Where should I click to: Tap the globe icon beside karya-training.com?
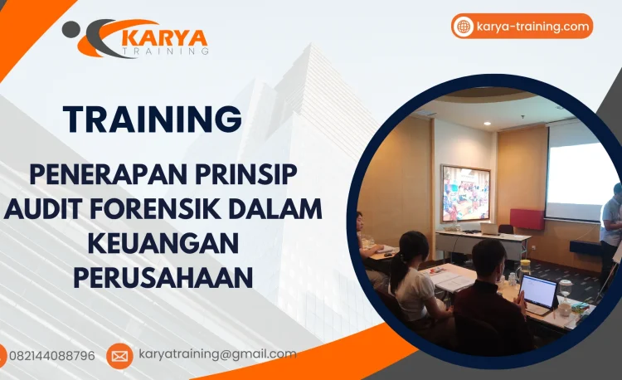(464, 27)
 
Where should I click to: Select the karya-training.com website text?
(533, 27)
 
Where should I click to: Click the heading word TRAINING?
(153, 119)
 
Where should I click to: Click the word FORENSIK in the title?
(167, 209)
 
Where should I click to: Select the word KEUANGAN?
(163, 242)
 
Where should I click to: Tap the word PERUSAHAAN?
(163, 276)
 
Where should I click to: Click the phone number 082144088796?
(51, 356)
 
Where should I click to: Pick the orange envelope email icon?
(119, 356)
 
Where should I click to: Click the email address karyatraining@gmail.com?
(217, 354)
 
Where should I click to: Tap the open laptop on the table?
(537, 292)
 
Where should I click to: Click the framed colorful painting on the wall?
(466, 192)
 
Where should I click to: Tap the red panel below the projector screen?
(527, 219)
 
